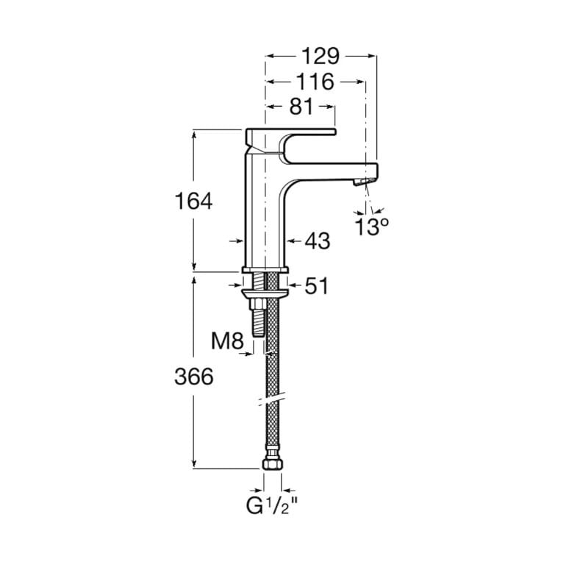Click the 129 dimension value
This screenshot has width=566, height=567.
pyautogui.click(x=320, y=56)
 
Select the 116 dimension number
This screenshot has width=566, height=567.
pyautogui.click(x=315, y=82)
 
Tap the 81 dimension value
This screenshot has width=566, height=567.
pyautogui.click(x=301, y=107)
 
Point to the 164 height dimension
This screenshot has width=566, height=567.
pyautogui.click(x=193, y=201)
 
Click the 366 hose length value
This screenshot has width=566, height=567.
pyautogui.click(x=194, y=377)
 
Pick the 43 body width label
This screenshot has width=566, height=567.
pyautogui.click(x=318, y=240)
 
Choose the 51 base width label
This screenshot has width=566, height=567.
pyautogui.click(x=317, y=285)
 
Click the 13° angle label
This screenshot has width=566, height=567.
pyautogui.click(x=371, y=227)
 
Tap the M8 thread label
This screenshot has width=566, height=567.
pyautogui.click(x=227, y=340)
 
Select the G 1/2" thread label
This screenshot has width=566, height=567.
pyautogui.click(x=271, y=505)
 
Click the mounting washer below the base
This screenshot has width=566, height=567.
pyautogui.click(x=265, y=293)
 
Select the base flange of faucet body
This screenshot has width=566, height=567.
pyautogui.click(x=265, y=270)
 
